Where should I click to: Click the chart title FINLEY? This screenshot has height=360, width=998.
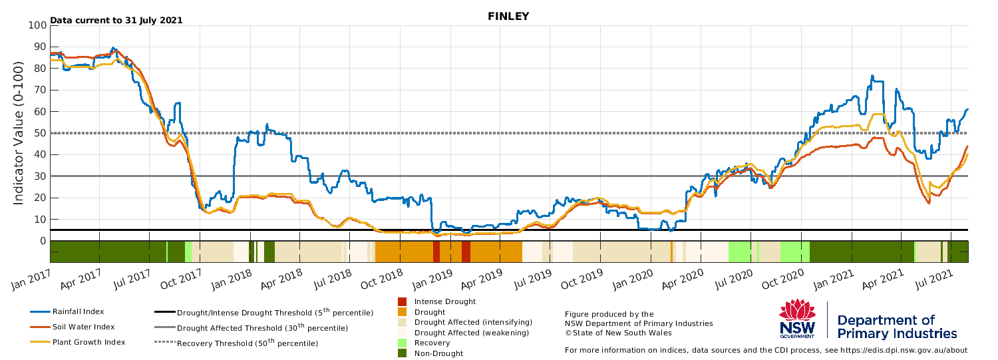point(508,16)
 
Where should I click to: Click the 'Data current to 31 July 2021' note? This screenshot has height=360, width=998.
point(116,20)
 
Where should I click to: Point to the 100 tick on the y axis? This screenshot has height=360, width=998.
point(37,25)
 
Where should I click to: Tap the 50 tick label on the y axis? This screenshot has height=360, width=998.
point(41,133)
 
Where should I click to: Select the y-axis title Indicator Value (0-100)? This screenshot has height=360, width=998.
point(18,133)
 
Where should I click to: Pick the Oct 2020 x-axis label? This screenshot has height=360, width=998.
point(782,279)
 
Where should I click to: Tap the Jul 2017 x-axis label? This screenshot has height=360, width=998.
point(132,279)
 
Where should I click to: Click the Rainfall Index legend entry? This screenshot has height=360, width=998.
point(67,312)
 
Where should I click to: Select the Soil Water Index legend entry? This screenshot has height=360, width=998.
point(73,327)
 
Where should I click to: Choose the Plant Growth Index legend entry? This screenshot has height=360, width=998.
point(78,342)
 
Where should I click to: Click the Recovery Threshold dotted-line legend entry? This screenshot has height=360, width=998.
point(236,343)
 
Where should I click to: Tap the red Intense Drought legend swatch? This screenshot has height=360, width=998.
point(403,301)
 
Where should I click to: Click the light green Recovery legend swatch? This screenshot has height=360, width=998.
point(403,343)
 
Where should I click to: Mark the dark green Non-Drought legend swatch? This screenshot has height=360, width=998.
point(403,353)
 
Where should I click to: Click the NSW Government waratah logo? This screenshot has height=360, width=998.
point(797,319)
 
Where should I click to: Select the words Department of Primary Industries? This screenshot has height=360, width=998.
point(897,327)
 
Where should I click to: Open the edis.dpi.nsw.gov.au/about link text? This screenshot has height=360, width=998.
point(906,350)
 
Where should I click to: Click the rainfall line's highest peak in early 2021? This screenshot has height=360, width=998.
point(872,76)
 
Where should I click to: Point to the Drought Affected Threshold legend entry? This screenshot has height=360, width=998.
point(251,327)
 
